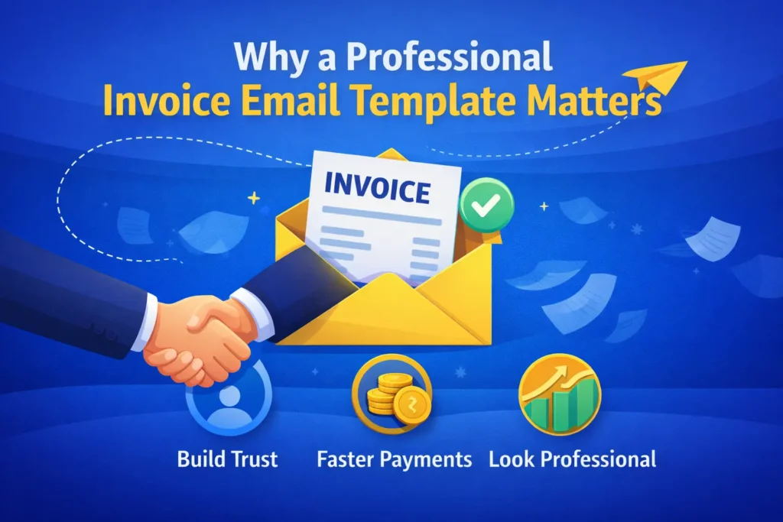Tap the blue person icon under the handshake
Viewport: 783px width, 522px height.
click(229, 401)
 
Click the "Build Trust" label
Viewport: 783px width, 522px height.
click(227, 459)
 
